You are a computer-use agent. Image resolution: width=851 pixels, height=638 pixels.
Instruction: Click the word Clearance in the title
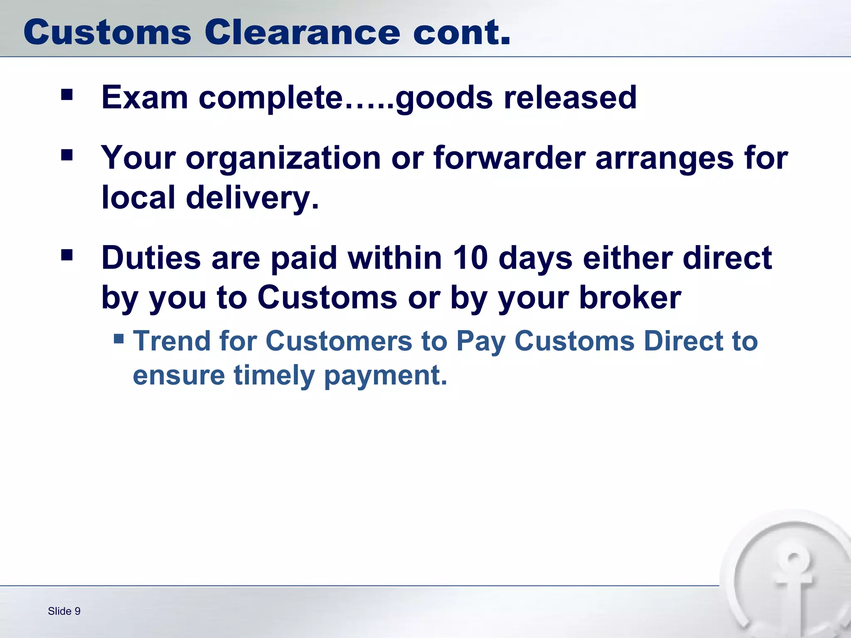pos(303,32)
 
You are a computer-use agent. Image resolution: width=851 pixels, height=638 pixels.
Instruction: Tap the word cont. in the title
pos(461,32)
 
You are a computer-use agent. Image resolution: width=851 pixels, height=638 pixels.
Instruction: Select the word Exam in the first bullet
pos(145,98)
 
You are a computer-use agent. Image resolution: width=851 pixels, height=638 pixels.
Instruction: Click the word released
pos(570,98)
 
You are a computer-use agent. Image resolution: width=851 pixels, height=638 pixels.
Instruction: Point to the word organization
pos(283,159)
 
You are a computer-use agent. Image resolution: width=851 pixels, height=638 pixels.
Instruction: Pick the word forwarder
pos(509,158)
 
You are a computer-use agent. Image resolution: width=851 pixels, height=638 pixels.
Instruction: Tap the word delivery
pos(252,198)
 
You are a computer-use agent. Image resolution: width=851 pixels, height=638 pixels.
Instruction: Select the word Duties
pos(151,258)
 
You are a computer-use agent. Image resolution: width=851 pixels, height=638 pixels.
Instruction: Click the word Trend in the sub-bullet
pos(171,341)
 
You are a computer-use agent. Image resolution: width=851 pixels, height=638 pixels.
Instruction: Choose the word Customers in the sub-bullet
pos(339,341)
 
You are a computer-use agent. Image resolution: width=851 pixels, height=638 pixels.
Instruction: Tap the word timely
pos(274,375)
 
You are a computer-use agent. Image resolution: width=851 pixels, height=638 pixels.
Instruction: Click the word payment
pos(386,376)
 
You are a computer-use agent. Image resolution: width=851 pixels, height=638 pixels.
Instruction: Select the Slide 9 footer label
pos(64,611)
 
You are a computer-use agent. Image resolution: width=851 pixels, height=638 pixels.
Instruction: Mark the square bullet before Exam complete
pos(67,95)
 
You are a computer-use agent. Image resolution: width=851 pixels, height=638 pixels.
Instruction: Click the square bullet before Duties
pos(67,255)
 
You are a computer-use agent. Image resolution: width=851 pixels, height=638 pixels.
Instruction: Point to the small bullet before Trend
pos(119,339)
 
